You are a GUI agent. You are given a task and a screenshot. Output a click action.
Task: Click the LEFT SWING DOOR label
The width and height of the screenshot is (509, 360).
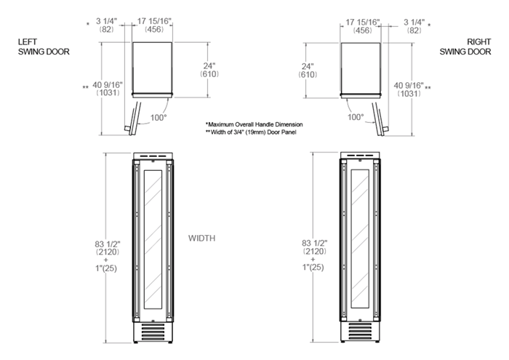[44, 47]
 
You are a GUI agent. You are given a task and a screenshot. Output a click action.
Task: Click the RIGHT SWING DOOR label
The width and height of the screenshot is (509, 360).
[465, 47]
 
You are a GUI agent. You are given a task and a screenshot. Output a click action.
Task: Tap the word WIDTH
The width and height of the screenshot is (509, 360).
[201, 239]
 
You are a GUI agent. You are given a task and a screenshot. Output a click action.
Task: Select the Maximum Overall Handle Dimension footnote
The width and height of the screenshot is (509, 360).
[254, 124]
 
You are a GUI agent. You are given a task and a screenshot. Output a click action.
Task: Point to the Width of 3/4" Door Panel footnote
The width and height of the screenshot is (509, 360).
[251, 132]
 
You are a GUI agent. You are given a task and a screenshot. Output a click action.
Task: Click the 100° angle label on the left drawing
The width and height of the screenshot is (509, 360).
[159, 118]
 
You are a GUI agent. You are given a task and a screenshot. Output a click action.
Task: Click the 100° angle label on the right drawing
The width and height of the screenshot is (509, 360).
[356, 117]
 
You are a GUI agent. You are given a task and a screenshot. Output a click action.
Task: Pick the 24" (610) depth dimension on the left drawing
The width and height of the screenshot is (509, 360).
[209, 70]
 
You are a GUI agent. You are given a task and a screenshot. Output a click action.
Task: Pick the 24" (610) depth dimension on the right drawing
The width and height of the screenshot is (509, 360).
[308, 71]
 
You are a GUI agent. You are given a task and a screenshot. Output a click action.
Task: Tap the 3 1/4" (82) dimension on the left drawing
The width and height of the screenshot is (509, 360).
[106, 25]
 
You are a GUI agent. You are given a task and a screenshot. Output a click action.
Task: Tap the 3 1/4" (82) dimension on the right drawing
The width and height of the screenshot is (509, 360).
[414, 26]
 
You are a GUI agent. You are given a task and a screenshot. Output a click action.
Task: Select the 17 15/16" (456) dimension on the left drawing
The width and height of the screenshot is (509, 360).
[154, 25]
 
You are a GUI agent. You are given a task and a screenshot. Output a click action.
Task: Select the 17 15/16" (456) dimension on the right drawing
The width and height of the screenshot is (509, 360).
[363, 26]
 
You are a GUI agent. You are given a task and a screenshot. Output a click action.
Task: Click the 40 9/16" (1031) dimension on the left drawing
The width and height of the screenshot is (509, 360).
[108, 89]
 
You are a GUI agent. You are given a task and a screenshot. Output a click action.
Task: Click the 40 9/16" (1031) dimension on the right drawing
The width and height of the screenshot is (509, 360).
[409, 89]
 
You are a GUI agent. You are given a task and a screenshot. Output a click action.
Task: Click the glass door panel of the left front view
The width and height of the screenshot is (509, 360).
[153, 239]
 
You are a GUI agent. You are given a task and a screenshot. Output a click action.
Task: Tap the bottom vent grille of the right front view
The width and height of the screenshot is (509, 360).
[360, 331]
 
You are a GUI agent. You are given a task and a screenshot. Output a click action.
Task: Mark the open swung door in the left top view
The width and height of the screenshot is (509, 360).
[133, 119]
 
